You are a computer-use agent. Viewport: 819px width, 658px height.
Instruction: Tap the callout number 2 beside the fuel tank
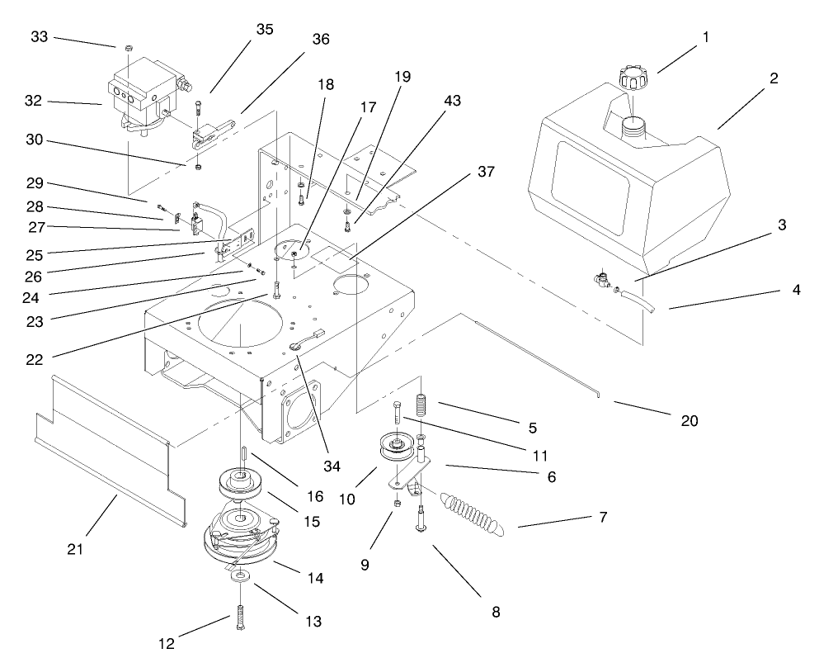(774, 79)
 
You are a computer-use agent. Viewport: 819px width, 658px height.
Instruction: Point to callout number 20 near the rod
(690, 421)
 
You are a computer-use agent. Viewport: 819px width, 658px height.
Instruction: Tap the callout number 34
(332, 466)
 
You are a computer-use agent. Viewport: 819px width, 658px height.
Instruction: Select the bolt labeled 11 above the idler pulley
(398, 413)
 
